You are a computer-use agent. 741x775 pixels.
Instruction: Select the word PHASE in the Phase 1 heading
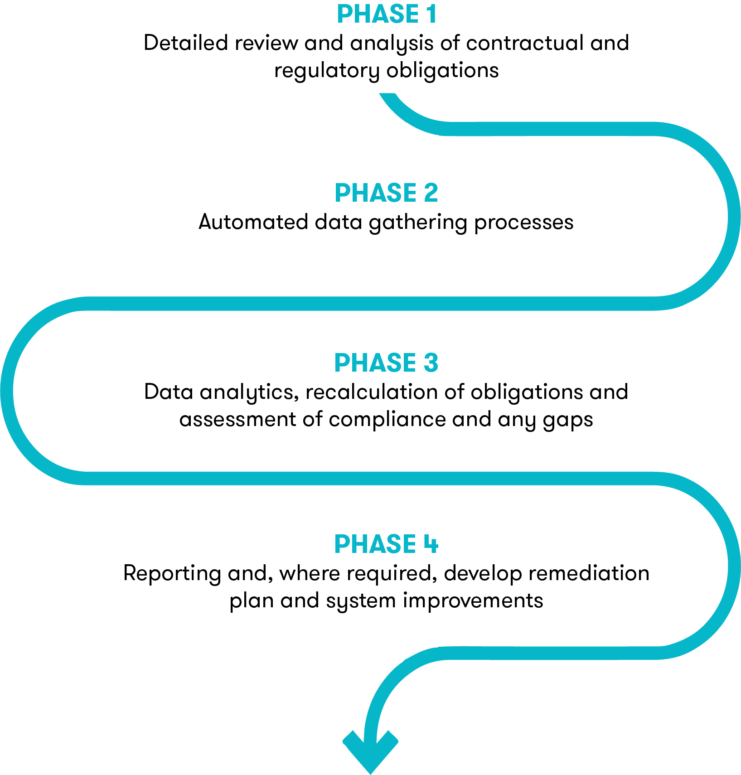378,14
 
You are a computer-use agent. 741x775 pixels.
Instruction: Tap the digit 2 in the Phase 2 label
431,193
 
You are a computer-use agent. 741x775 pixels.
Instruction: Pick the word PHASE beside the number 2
375,193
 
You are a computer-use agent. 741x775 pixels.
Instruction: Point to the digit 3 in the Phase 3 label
431,363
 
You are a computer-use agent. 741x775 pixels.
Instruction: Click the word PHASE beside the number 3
375,363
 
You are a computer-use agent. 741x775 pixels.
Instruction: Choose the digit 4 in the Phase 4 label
431,544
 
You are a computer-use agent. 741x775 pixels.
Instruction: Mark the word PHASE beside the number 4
375,544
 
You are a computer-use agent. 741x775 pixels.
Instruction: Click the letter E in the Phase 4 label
409,544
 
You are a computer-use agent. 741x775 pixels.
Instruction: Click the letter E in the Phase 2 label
410,193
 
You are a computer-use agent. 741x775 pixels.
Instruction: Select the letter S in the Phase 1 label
396,14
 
